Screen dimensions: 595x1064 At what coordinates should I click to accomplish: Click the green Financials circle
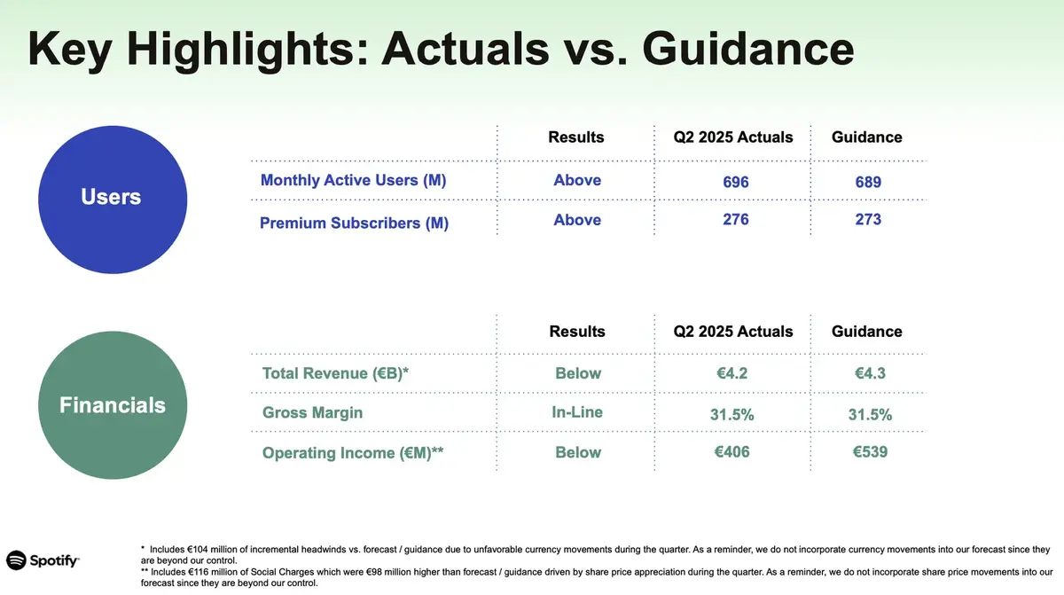(x=112, y=405)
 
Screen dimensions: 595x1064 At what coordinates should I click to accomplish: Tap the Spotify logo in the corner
(x=43, y=560)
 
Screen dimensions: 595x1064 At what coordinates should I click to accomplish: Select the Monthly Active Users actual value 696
(x=735, y=182)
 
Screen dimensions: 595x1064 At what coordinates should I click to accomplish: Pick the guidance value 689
(x=868, y=182)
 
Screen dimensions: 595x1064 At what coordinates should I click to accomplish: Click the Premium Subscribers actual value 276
(x=735, y=219)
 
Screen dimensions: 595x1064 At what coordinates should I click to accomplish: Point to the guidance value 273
(x=868, y=219)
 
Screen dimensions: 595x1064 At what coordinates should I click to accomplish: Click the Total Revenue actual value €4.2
(x=731, y=373)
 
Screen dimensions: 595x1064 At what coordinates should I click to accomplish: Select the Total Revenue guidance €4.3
(x=870, y=373)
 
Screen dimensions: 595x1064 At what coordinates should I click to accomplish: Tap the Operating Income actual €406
(x=731, y=452)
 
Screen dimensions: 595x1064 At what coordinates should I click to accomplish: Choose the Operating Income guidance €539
(x=870, y=452)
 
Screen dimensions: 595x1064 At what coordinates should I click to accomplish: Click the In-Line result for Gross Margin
(x=577, y=412)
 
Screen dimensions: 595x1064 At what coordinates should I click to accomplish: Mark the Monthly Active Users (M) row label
(x=353, y=180)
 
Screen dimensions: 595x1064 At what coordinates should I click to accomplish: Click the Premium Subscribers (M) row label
(x=354, y=223)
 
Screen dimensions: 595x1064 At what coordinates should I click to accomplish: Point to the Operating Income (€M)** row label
(x=353, y=453)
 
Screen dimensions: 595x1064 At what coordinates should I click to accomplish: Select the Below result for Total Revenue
(x=578, y=373)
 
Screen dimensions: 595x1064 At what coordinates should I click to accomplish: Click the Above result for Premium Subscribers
(x=577, y=220)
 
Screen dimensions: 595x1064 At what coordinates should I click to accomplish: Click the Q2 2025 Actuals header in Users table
(x=733, y=137)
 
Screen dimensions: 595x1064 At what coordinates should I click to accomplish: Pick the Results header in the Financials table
(x=576, y=331)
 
